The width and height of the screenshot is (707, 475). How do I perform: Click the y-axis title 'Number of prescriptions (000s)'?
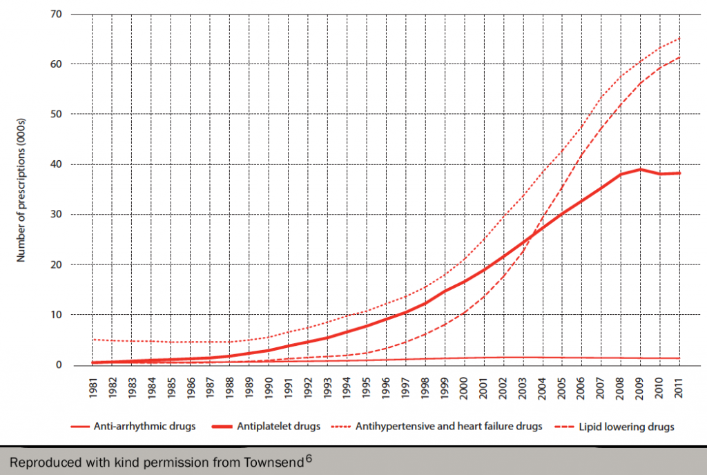pos(21,189)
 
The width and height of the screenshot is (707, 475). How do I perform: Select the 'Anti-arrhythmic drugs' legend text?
pos(144,426)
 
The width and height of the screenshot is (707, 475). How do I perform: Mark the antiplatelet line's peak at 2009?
pos(641,169)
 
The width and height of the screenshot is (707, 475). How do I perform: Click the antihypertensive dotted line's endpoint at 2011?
pos(680,38)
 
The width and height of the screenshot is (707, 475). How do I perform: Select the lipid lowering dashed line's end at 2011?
pos(680,57)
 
